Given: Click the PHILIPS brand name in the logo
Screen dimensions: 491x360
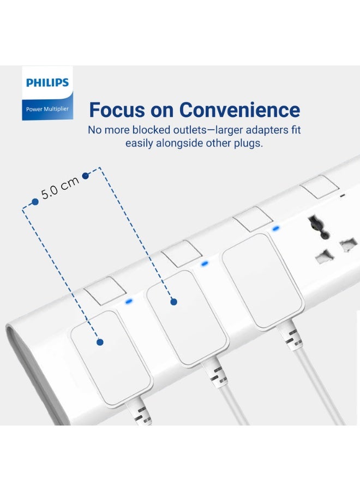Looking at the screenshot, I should tap(47, 83).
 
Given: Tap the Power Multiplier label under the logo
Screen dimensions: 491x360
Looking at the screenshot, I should tap(47, 109).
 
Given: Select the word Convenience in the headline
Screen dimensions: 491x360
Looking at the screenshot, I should tap(240, 110).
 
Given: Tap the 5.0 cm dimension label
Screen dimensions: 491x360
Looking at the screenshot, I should tap(60, 188).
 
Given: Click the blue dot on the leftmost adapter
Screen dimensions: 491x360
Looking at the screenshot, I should tap(100, 342).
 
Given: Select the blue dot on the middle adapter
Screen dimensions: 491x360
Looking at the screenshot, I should tap(173, 301).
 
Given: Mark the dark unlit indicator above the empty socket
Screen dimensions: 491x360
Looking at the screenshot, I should tap(342, 196).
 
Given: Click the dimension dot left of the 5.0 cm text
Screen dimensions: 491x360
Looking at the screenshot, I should tap(35, 201).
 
